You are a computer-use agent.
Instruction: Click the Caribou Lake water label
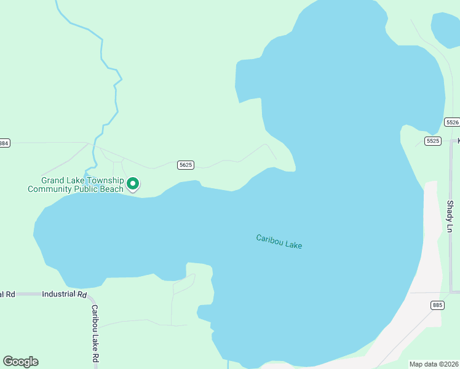coord(279,241)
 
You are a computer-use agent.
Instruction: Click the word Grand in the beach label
coord(53,180)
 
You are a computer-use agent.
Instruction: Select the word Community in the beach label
coord(47,189)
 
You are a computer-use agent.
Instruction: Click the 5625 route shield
coord(186,165)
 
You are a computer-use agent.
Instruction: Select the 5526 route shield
coord(452,122)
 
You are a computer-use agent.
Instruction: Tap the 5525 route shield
coord(432,141)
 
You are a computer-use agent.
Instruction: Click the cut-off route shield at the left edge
coord(4,143)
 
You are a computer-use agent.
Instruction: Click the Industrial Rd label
coord(64,294)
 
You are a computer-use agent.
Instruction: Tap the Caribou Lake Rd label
coord(95,333)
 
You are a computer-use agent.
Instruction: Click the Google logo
coord(20,362)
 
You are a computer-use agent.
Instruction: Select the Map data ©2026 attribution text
coord(434,364)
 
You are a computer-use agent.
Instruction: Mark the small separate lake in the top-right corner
coord(446,28)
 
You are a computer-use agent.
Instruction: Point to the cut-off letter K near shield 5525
coord(458,141)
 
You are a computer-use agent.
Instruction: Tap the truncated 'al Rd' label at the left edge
coord(7,294)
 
